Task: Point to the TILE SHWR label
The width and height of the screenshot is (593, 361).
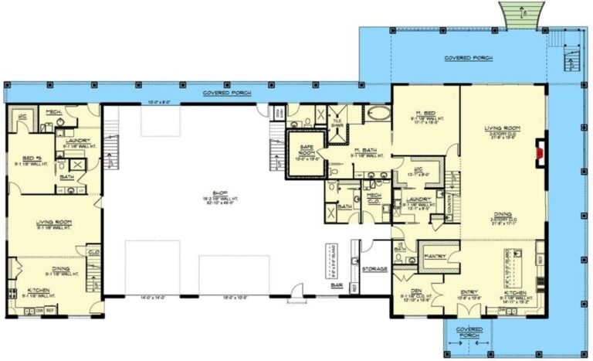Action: (337, 122)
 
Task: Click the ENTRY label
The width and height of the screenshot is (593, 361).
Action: (469, 291)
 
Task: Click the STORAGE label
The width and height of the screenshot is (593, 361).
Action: (374, 268)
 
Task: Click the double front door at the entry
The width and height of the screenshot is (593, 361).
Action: (469, 312)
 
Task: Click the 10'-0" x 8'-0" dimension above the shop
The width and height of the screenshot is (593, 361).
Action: (160, 102)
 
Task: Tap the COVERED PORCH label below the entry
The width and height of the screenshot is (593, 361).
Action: (469, 332)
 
